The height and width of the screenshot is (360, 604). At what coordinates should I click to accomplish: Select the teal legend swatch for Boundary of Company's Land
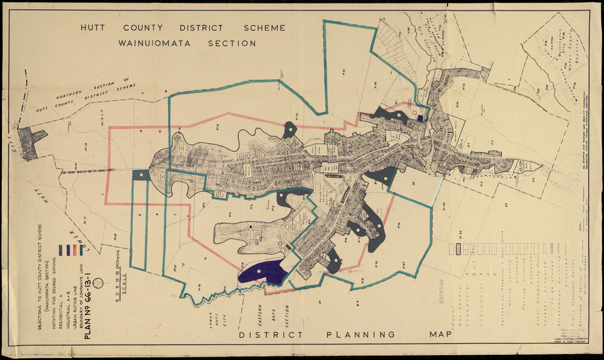pyautogui.click(x=82, y=249)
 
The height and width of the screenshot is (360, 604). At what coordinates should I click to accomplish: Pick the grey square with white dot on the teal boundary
pyautogui.click(x=140, y=175)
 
